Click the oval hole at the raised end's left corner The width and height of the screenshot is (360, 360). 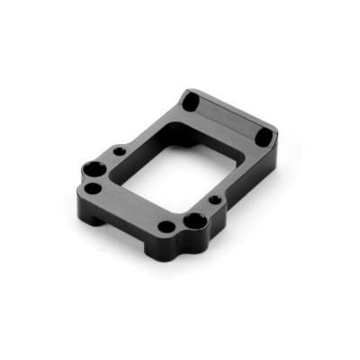(x=191, y=101)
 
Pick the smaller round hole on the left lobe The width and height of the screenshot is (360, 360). (x=92, y=189)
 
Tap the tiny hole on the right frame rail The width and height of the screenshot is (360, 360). (x=216, y=199)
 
